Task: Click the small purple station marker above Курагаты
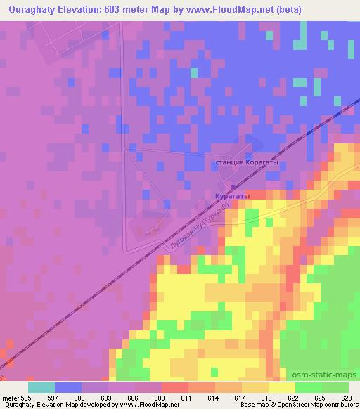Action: click(232, 187)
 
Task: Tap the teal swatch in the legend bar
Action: click(41, 387)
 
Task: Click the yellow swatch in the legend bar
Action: click(282, 387)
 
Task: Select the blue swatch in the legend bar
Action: click(68, 387)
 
